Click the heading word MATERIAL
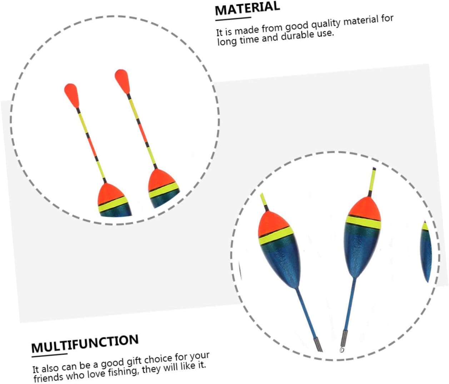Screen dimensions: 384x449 247,9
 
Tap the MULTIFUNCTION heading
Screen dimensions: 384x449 85,344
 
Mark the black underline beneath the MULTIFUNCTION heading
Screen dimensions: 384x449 49,355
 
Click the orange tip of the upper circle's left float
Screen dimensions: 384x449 71,94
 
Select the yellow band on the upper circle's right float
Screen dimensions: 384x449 163,189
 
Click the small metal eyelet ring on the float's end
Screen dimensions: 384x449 341,350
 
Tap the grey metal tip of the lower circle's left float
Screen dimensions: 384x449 318,345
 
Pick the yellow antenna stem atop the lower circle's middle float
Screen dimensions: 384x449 373,181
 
